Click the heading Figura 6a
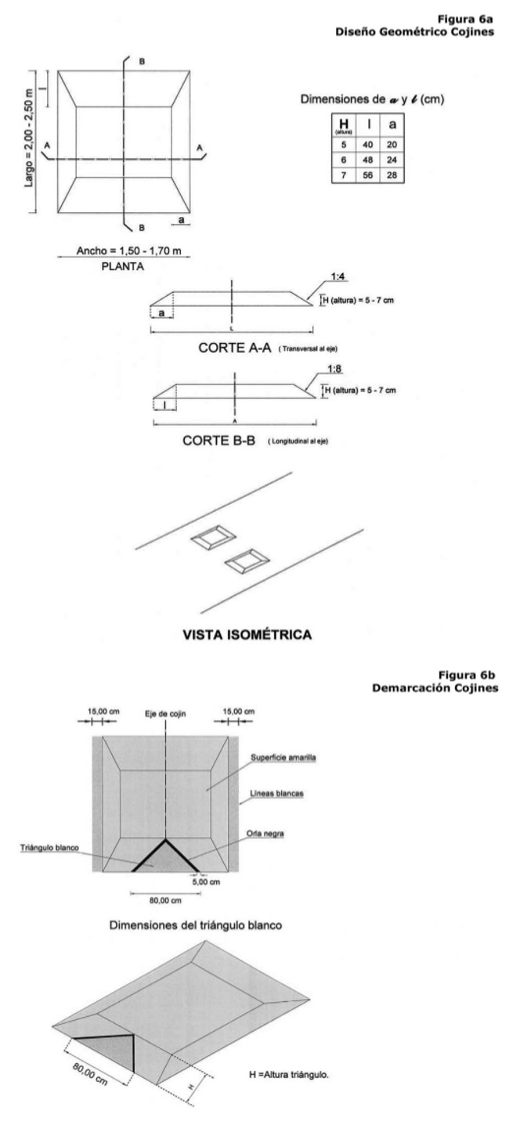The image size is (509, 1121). point(475,11)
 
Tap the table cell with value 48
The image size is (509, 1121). point(370,160)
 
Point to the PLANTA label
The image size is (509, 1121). point(125,265)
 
